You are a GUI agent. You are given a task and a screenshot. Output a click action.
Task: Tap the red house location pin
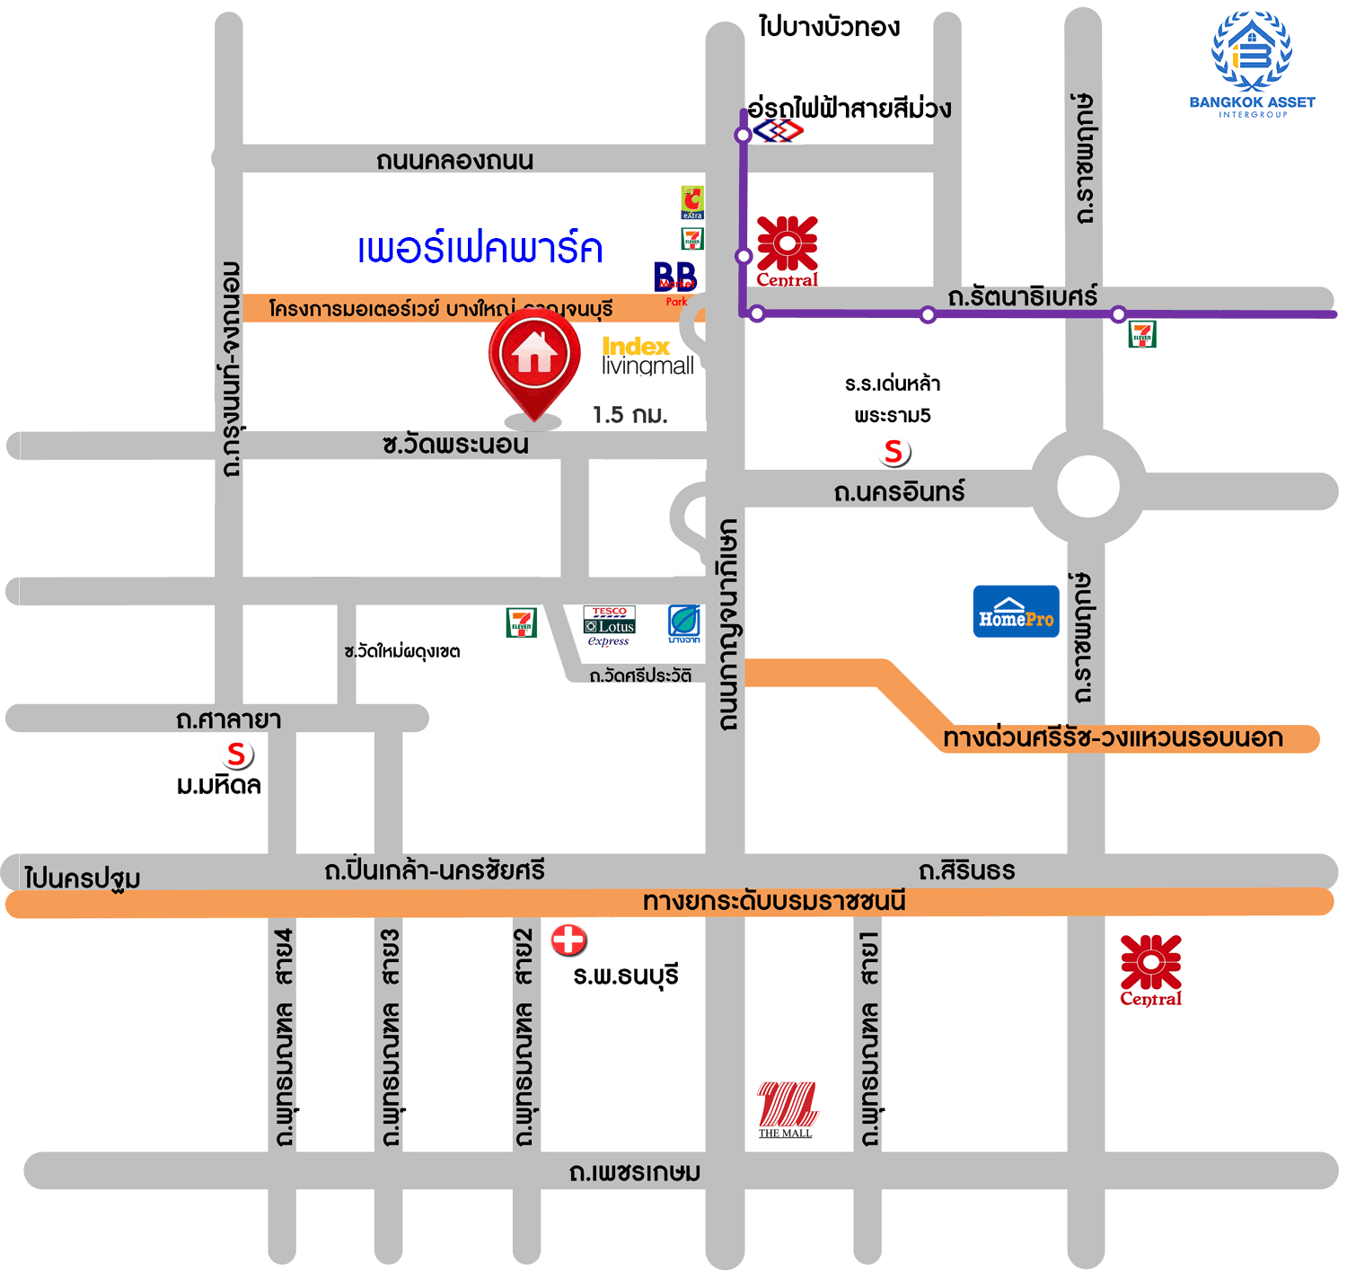[x=534, y=359]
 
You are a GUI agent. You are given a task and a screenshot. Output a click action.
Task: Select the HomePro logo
[x=1016, y=612]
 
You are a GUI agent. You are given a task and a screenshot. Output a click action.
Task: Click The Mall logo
[x=787, y=1108]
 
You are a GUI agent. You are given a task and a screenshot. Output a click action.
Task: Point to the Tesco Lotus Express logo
[x=610, y=625]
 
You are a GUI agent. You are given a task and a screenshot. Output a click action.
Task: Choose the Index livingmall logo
[x=647, y=356]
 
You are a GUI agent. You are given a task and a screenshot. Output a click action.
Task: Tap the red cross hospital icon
[x=568, y=940]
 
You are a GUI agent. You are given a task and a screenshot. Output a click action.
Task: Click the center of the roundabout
[x=1087, y=486]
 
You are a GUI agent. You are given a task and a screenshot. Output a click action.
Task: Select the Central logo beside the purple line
[x=787, y=251]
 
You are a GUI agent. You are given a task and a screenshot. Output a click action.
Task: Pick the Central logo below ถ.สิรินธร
[x=1150, y=970]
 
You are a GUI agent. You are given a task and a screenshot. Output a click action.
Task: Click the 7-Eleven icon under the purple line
[x=1141, y=334]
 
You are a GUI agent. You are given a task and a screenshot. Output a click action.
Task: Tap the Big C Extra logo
[x=691, y=203]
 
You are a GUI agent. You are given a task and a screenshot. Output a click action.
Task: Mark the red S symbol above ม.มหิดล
[x=236, y=755]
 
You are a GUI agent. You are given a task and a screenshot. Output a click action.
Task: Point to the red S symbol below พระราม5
[x=894, y=452]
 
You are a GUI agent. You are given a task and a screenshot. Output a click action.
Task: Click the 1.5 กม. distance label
[x=629, y=415]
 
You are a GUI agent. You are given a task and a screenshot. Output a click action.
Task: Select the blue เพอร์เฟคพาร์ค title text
[x=480, y=249]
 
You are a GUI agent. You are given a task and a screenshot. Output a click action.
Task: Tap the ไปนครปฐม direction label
[x=82, y=878]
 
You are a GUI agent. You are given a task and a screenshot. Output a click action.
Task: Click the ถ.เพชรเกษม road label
[x=635, y=1172]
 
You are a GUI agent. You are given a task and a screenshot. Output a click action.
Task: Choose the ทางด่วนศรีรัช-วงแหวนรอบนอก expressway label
[x=1113, y=738]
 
